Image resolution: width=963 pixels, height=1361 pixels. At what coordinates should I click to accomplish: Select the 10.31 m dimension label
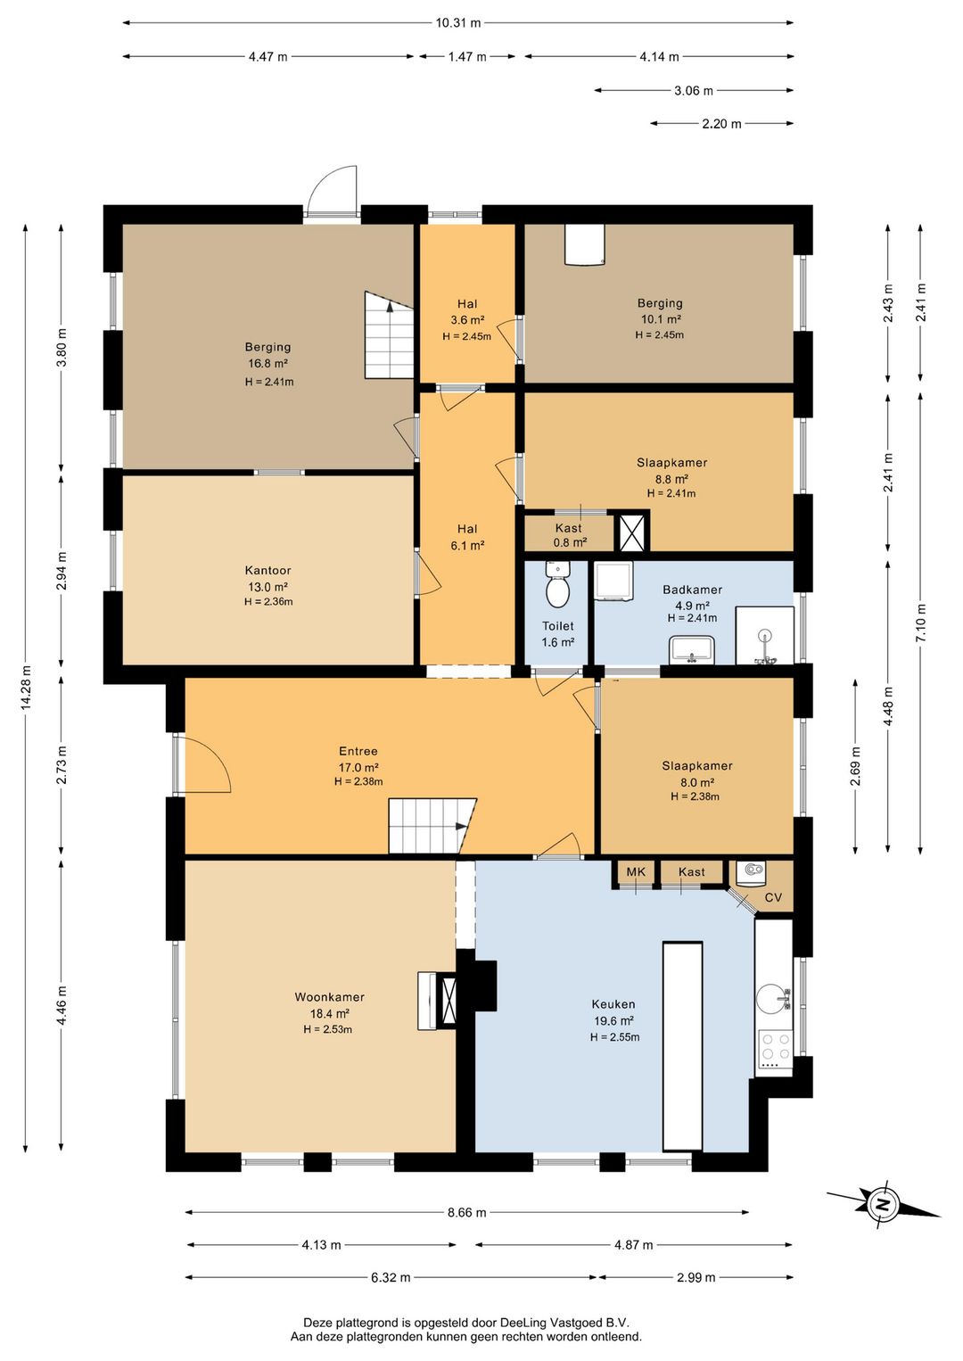tap(458, 23)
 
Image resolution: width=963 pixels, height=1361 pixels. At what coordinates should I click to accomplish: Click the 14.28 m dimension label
tap(25, 688)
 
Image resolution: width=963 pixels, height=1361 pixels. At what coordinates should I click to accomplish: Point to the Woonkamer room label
tap(329, 997)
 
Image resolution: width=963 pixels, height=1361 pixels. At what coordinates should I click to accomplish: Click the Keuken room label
tap(613, 1004)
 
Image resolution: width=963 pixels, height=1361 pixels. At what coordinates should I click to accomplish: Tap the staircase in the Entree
tap(432, 826)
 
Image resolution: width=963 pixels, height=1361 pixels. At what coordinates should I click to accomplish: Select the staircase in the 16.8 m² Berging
tap(389, 335)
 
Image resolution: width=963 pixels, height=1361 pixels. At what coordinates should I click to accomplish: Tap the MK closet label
tap(636, 872)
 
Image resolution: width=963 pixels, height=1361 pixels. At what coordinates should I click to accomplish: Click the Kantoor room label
tap(267, 571)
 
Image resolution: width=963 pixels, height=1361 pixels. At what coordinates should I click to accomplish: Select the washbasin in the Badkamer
tap(692, 649)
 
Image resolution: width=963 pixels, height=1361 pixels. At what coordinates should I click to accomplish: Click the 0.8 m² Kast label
tap(570, 535)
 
